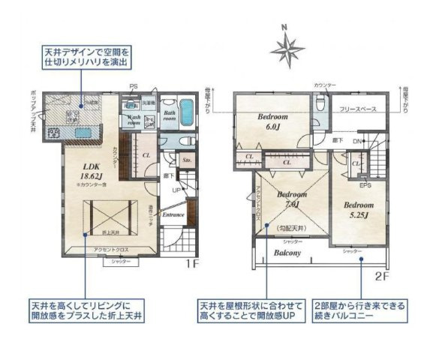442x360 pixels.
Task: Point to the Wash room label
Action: (x=136, y=121)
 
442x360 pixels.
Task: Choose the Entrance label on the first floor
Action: (x=173, y=215)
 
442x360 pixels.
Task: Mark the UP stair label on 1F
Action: (x=177, y=190)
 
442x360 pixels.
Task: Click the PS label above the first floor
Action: (x=134, y=87)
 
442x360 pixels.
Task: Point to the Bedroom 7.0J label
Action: (x=290, y=199)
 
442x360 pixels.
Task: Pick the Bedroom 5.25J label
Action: (x=359, y=209)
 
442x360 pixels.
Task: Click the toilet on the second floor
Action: (x=320, y=106)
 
